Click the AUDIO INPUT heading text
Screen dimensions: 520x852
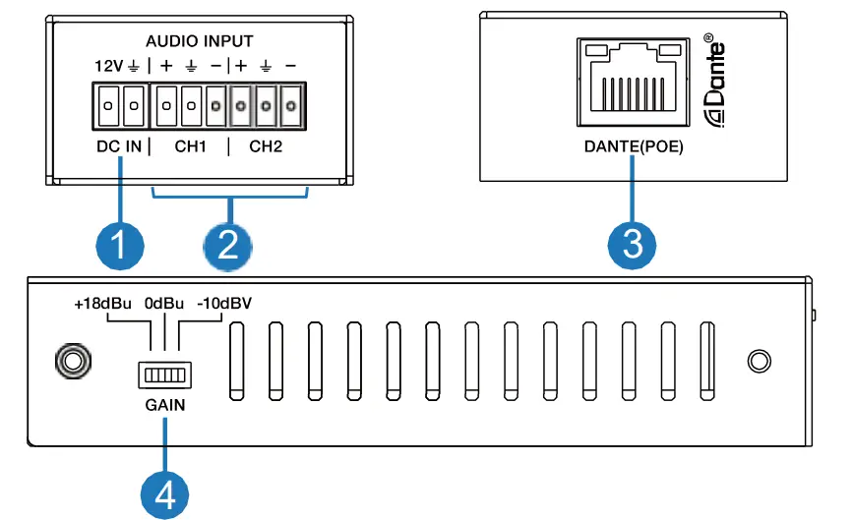tap(200, 41)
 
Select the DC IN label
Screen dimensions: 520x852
tap(118, 147)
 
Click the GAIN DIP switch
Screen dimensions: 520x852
tap(164, 376)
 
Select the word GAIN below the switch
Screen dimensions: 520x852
tap(164, 404)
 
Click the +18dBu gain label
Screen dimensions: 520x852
tap(102, 305)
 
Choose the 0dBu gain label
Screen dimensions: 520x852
tap(164, 305)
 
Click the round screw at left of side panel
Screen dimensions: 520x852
tap(70, 361)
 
